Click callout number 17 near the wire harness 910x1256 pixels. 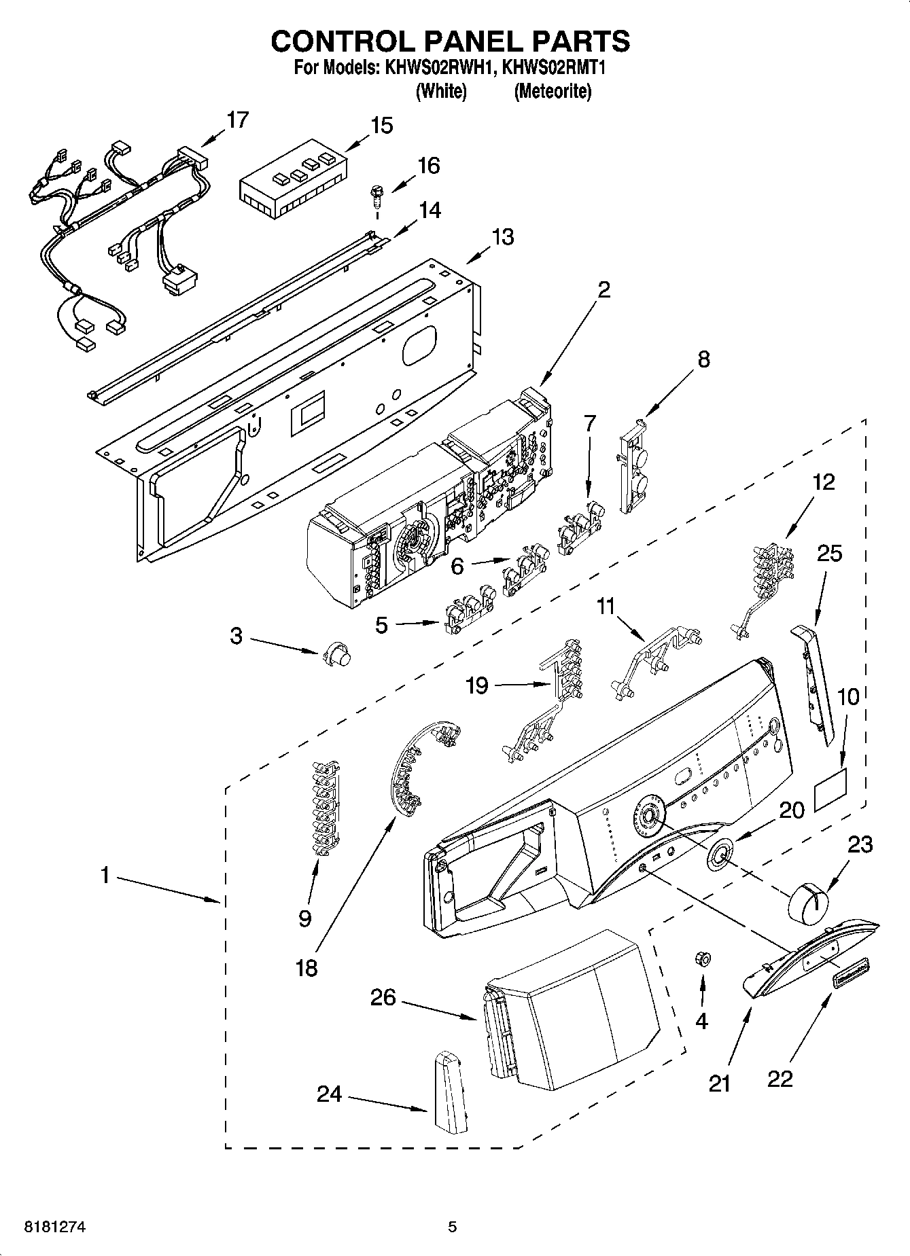point(237,120)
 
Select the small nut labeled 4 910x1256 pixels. point(702,958)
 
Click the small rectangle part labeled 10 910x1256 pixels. point(831,791)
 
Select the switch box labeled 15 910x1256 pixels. point(293,180)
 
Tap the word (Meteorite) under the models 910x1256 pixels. point(553,91)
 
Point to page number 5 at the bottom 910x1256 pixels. point(452,1226)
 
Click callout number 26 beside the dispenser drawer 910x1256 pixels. point(383,997)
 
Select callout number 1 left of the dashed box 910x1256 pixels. point(105,876)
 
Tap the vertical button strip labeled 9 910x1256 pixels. point(324,807)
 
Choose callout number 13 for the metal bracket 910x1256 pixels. point(503,237)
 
